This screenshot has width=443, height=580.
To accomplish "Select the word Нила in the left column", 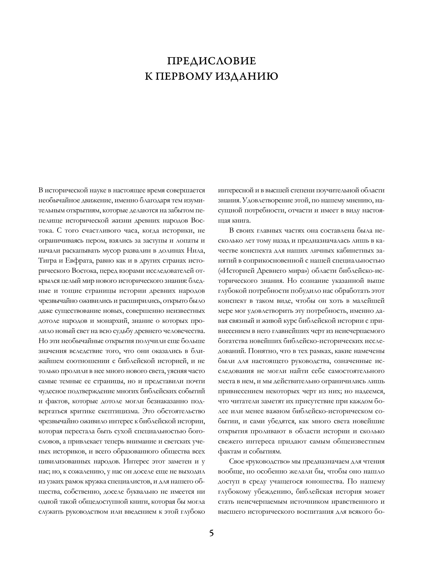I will [196, 250].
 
